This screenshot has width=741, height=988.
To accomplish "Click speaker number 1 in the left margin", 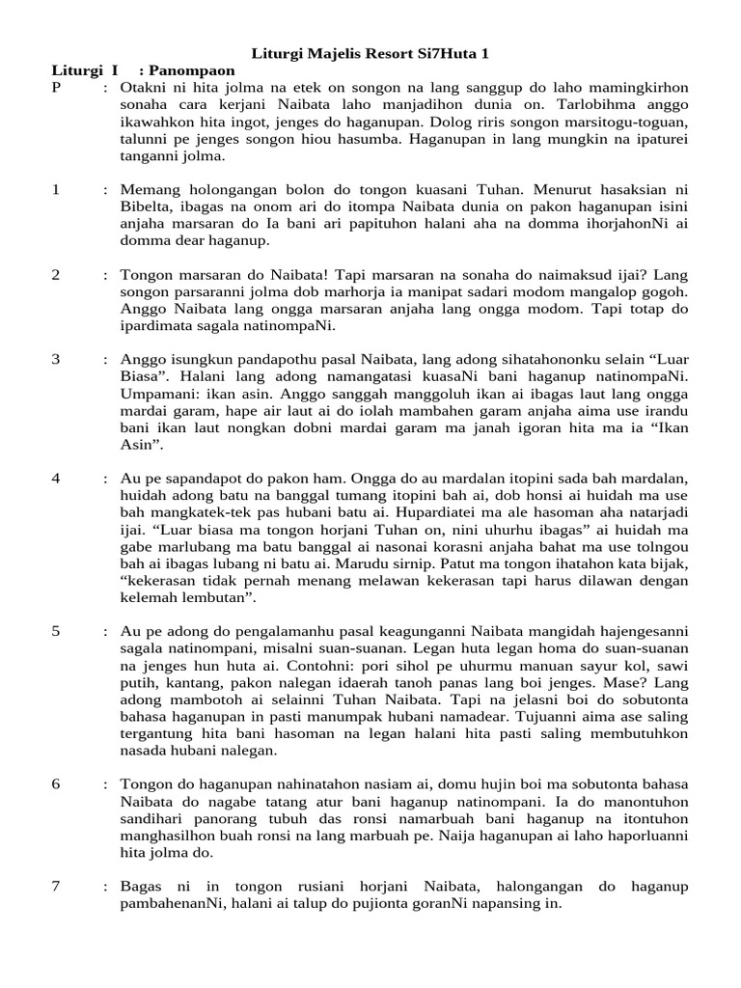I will [x=56, y=190].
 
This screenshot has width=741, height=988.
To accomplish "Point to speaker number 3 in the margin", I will [x=56, y=359].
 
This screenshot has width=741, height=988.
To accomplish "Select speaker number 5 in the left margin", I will [x=56, y=630].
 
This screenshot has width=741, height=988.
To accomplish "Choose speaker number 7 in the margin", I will [x=56, y=885].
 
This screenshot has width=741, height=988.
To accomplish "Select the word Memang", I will [x=148, y=190].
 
